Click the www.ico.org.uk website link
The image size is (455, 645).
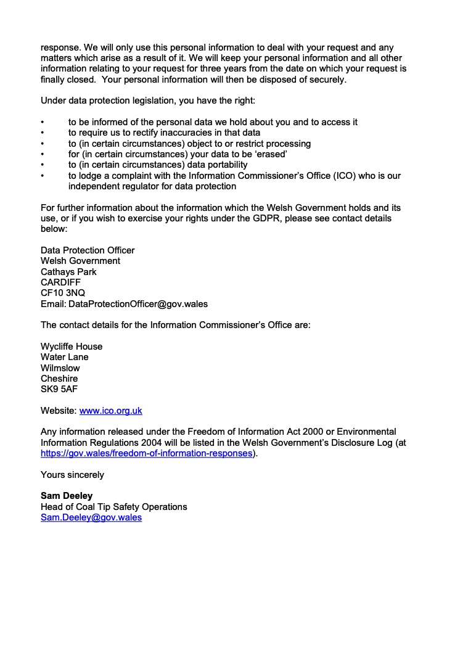(x=111, y=410)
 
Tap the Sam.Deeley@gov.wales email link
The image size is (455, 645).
(x=91, y=517)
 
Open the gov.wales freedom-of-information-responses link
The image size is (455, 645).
(x=147, y=453)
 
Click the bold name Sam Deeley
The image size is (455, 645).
(x=67, y=496)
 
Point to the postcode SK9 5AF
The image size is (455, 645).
(x=59, y=389)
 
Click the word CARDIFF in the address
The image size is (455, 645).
(x=60, y=282)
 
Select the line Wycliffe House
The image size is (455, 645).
(x=72, y=347)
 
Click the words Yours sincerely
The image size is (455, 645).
(x=72, y=475)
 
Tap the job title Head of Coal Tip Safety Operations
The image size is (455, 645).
(x=114, y=507)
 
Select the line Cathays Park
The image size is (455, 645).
(x=68, y=272)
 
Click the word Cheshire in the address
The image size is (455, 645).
(x=59, y=379)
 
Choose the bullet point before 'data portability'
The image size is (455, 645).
(x=43, y=165)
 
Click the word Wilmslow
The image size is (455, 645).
(x=60, y=368)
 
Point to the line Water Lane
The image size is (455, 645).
(x=65, y=357)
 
